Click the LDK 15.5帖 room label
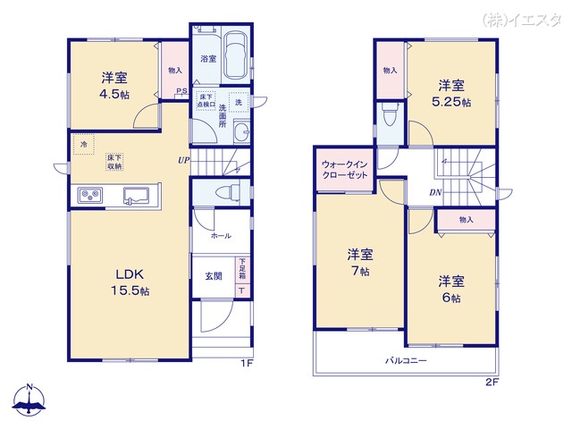(130, 282)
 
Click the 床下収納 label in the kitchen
(115, 160)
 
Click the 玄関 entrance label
(215, 276)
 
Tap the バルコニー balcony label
(406, 360)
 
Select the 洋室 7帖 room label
(360, 262)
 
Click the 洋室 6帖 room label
(451, 290)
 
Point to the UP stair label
(182, 161)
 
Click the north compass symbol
(29, 401)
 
